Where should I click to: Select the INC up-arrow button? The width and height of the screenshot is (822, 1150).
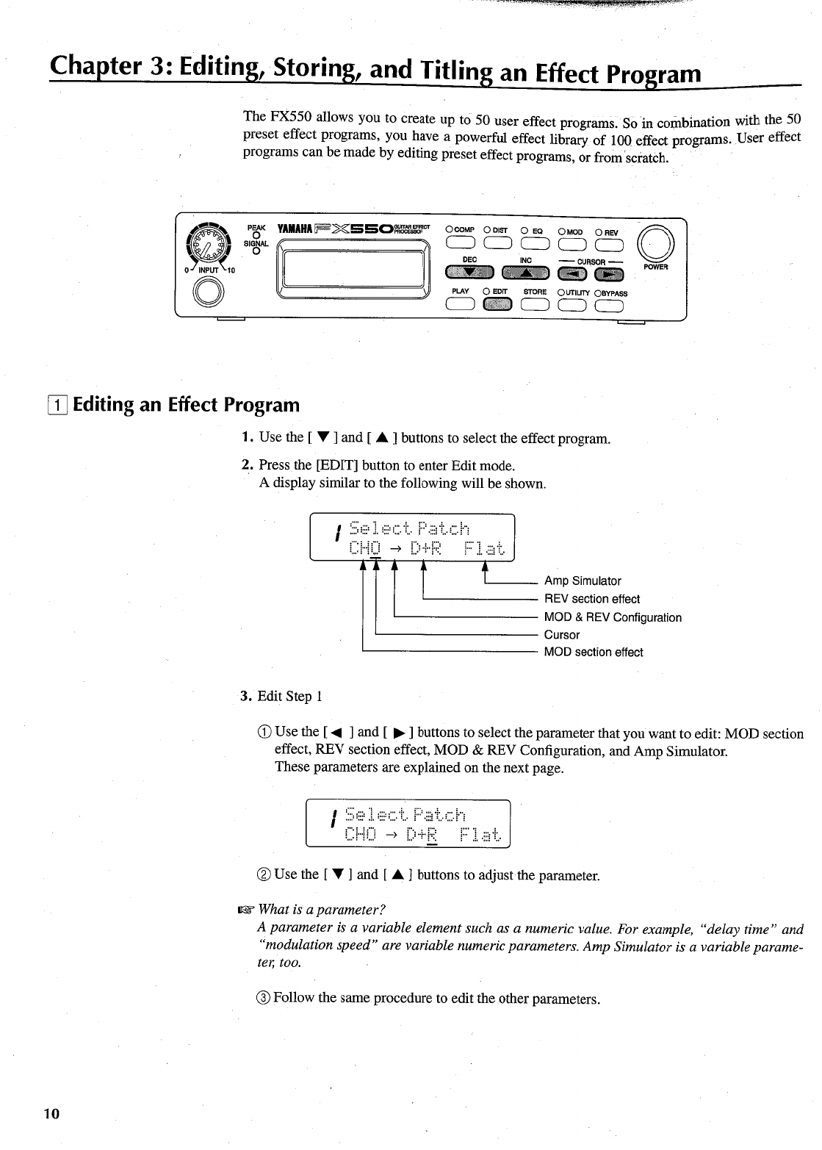pyautogui.click(x=525, y=274)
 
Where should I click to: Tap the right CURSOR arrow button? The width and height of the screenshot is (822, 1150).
pyautogui.click(x=609, y=274)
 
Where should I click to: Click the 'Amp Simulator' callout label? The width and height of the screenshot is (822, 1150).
pyautogui.click(x=583, y=581)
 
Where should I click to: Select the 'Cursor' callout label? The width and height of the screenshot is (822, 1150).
pyautogui.click(x=562, y=635)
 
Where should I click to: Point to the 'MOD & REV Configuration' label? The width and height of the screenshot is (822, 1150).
pyautogui.click(x=613, y=617)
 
